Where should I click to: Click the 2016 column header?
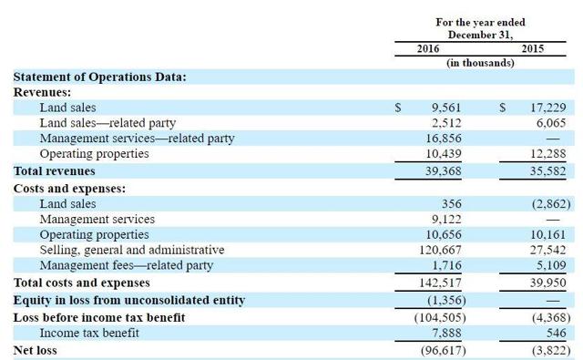pos(427,48)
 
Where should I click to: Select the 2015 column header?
pos(532,48)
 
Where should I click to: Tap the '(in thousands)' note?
pos(480,63)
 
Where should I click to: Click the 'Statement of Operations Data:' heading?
pos(99,77)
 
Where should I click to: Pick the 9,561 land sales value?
pos(446,108)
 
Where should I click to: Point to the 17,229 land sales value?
pos(548,108)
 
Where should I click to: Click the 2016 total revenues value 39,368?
pos(444,171)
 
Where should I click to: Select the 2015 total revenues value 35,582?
pos(548,171)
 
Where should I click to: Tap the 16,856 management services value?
pos(444,139)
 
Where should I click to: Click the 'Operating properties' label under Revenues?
pos(94,154)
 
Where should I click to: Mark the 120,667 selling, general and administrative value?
pos(440,250)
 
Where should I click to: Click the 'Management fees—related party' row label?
pos(127,265)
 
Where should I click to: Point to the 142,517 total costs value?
pos(440,283)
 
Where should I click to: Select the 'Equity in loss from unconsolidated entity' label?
pos(129,301)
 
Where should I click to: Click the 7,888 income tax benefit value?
pos(446,334)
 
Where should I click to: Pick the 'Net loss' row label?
pos(35,351)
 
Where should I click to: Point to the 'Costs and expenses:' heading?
pos(69,189)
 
